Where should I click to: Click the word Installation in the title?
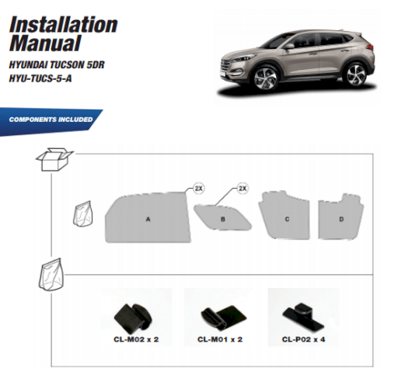tap(64, 25)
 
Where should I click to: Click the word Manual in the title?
tap(45, 43)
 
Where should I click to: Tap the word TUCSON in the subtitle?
tap(67, 64)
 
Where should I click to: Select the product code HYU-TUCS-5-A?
tap(40, 78)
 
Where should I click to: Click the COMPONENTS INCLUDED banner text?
tap(51, 120)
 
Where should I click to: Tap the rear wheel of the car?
tap(356, 75)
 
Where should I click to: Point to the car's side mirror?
tap(290, 47)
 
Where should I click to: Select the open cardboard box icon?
tap(54, 159)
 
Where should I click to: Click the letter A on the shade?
tap(148, 219)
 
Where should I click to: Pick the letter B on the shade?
tap(223, 219)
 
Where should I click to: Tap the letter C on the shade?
tap(287, 219)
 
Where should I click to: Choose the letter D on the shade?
tap(341, 219)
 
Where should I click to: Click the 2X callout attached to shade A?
tap(199, 189)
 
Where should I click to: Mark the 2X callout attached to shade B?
tap(243, 189)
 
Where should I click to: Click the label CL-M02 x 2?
tap(136, 339)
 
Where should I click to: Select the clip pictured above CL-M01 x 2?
tap(223, 318)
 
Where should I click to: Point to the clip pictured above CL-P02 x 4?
tap(303, 317)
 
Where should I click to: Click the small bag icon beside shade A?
tap(83, 214)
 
